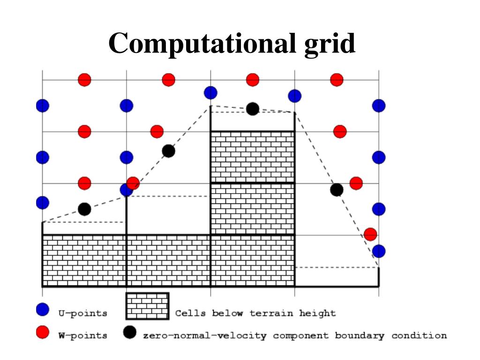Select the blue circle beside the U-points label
click(x=43, y=310)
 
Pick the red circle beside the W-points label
click(x=43, y=333)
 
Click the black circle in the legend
click(x=130, y=332)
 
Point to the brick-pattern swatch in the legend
click(x=147, y=306)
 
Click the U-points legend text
click(x=82, y=313)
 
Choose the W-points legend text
click(x=82, y=336)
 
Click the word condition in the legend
click(x=419, y=336)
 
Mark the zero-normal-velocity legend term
click(x=205, y=336)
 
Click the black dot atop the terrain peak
click(x=253, y=109)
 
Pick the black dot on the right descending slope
click(x=337, y=190)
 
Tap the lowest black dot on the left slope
click(x=84, y=209)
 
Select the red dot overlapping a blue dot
click(x=133, y=183)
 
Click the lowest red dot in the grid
click(x=370, y=233)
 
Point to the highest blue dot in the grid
click(x=210, y=93)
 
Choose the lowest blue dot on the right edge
click(x=379, y=251)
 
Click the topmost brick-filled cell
click(x=253, y=157)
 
